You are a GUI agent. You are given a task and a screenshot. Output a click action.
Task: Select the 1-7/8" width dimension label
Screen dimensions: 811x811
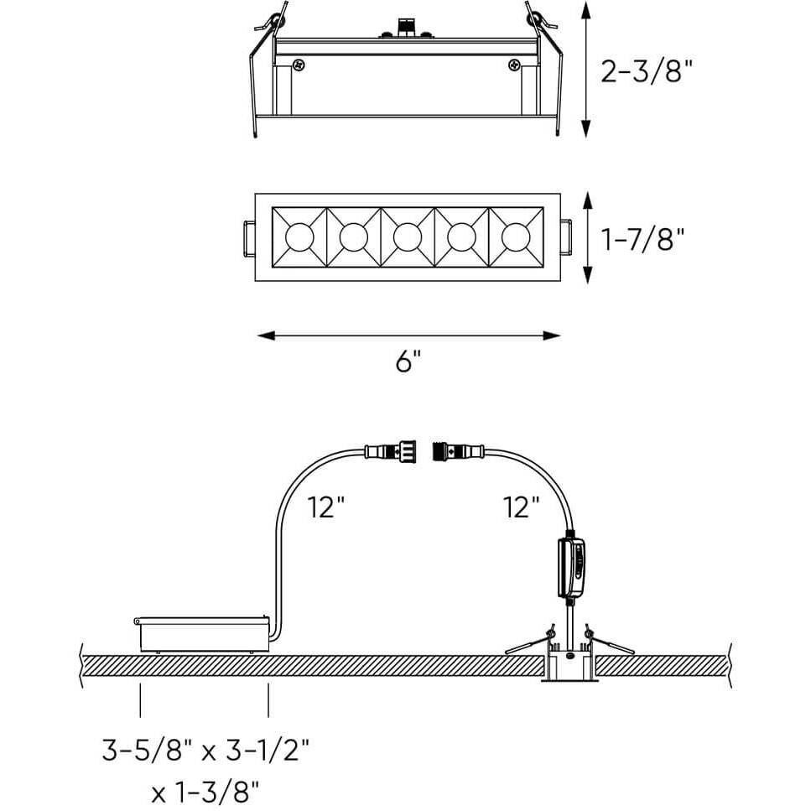[642, 239]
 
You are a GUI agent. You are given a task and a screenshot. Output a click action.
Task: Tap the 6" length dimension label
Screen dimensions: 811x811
[408, 361]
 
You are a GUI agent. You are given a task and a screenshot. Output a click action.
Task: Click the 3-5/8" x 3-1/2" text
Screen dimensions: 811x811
[205, 750]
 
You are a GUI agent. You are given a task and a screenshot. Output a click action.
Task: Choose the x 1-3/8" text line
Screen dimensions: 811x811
[205, 792]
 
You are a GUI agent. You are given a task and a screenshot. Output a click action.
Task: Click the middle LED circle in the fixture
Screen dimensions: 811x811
[408, 237]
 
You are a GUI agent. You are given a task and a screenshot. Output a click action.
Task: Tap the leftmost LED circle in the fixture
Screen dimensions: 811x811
[299, 237]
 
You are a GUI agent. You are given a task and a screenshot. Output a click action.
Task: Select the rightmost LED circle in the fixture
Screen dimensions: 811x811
[516, 237]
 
